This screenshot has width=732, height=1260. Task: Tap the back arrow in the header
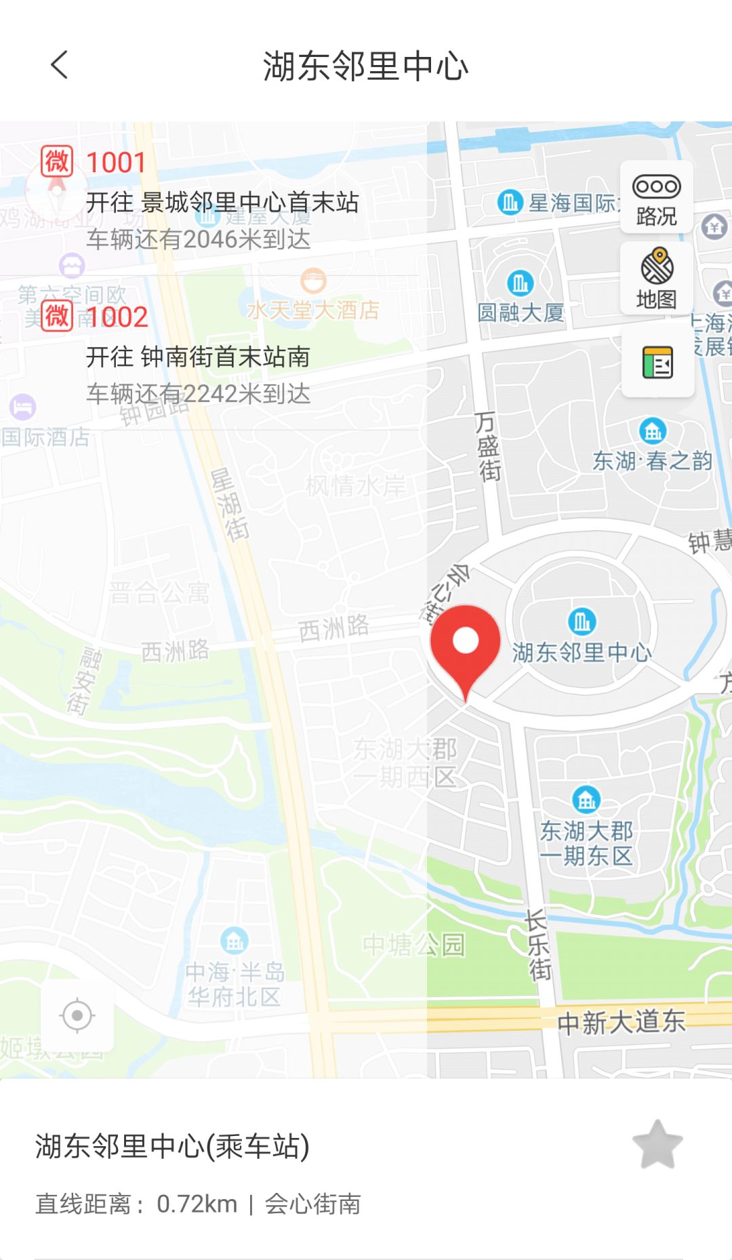pos(60,65)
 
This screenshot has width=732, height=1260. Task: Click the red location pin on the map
pos(466,644)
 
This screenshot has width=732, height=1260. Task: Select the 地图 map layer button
pos(657,278)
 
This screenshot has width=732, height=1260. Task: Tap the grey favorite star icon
pos(657,1144)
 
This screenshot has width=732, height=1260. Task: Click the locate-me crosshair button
pos(77,1015)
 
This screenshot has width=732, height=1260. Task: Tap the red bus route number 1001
pos(117,163)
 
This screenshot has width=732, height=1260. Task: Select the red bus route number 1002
pos(117,317)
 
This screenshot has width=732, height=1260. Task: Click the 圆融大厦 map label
pos(521,312)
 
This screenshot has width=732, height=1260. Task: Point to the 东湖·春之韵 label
pos(652,461)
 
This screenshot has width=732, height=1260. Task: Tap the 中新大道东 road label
pos(621,1022)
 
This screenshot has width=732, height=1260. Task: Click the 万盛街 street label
pos(488,445)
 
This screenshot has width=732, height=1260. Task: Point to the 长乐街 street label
pos(538,945)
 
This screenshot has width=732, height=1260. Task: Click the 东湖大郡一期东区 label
pos(586,843)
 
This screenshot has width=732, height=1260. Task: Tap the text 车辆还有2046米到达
pos(199,239)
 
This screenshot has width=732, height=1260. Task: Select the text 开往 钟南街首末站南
pos(198,357)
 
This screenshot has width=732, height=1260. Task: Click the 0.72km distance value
pos(197,1204)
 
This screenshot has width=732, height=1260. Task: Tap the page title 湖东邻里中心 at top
pos(366,66)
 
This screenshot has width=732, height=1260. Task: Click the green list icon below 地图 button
pos(657,362)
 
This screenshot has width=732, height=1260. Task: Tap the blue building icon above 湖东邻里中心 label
pos(582,621)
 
